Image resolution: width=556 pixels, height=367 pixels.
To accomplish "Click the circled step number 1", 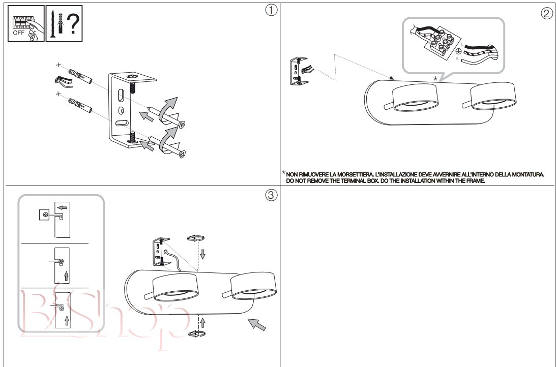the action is tap(271, 10).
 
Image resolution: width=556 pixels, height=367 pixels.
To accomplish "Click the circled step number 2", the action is tap(546, 13).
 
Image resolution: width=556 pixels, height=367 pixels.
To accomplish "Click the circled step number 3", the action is tap(271, 195).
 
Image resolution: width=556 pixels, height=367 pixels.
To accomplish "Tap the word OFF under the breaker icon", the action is tap(18, 33).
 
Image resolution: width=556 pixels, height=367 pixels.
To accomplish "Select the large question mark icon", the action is tap(73, 23).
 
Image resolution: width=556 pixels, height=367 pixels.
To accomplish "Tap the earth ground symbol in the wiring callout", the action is tap(458, 51).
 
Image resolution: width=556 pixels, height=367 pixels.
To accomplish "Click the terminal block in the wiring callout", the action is tap(442, 43).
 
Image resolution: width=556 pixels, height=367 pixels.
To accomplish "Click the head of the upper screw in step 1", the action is tap(182, 125).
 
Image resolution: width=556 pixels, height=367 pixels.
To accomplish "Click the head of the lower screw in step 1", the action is tap(182, 154).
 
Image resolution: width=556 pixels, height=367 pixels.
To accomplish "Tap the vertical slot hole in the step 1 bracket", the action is tap(121, 96).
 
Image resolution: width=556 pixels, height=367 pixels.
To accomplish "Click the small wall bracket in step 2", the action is tap(299, 71).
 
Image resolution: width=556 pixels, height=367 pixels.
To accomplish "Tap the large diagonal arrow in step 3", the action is tap(256, 324).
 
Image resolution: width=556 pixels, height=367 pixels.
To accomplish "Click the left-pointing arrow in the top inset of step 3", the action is tap(63, 207).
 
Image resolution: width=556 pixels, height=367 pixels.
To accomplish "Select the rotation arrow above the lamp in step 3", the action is tap(196, 238).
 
